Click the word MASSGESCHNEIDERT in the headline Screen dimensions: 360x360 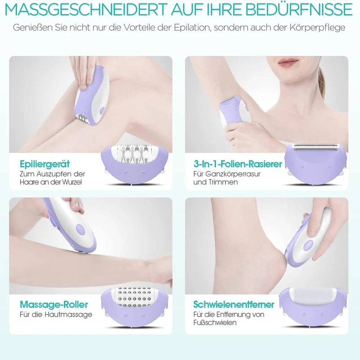pyautogui.click(x=85, y=9)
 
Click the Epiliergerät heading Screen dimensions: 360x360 pyautogui.click(x=45, y=164)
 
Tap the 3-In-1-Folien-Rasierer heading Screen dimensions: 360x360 pyautogui.click(x=238, y=164)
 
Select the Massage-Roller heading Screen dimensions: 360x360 pyautogui.click(x=54, y=305)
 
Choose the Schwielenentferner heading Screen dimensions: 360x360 pyautogui.click(x=234, y=305)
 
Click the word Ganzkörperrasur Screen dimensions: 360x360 pyautogui.click(x=233, y=174)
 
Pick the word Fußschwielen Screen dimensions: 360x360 pyautogui.click(x=215, y=322)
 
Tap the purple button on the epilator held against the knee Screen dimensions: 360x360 pyautogui.click(x=102, y=110)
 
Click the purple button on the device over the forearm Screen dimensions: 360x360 pyautogui.click(x=80, y=229)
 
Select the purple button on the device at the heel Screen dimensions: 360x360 pyautogui.click(x=308, y=245)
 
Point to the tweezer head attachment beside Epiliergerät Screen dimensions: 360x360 pyautogui.click(x=135, y=163)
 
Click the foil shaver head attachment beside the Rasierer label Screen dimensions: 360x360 pyautogui.click(x=316, y=163)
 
